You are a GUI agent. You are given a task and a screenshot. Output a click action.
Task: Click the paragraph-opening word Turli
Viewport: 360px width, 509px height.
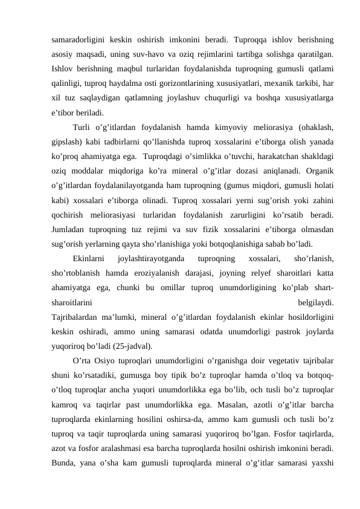tap(81, 128)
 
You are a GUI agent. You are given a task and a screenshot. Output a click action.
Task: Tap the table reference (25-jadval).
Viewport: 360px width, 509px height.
tap(132, 346)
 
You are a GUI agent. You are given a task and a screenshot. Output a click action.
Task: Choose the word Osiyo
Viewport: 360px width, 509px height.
tap(109, 361)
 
